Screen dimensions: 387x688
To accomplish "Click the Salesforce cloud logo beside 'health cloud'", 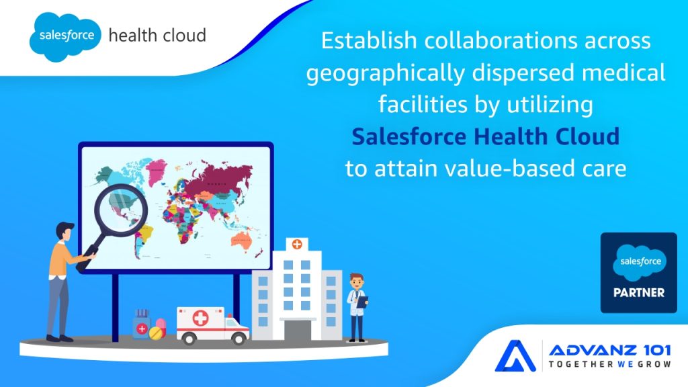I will pyautogui.click(x=65, y=35).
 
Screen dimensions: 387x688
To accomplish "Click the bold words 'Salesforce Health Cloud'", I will pyautogui.click(x=486, y=136).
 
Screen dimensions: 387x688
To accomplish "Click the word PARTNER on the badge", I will pyautogui.click(x=638, y=292).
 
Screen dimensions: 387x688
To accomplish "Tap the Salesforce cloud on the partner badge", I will pyautogui.click(x=638, y=261).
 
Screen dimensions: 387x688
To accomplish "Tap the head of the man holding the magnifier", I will pyautogui.click(x=63, y=230).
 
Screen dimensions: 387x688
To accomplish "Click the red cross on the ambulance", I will pyautogui.click(x=199, y=318).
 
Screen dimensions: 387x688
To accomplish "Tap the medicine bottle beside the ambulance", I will pyautogui.click(x=142, y=325).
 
